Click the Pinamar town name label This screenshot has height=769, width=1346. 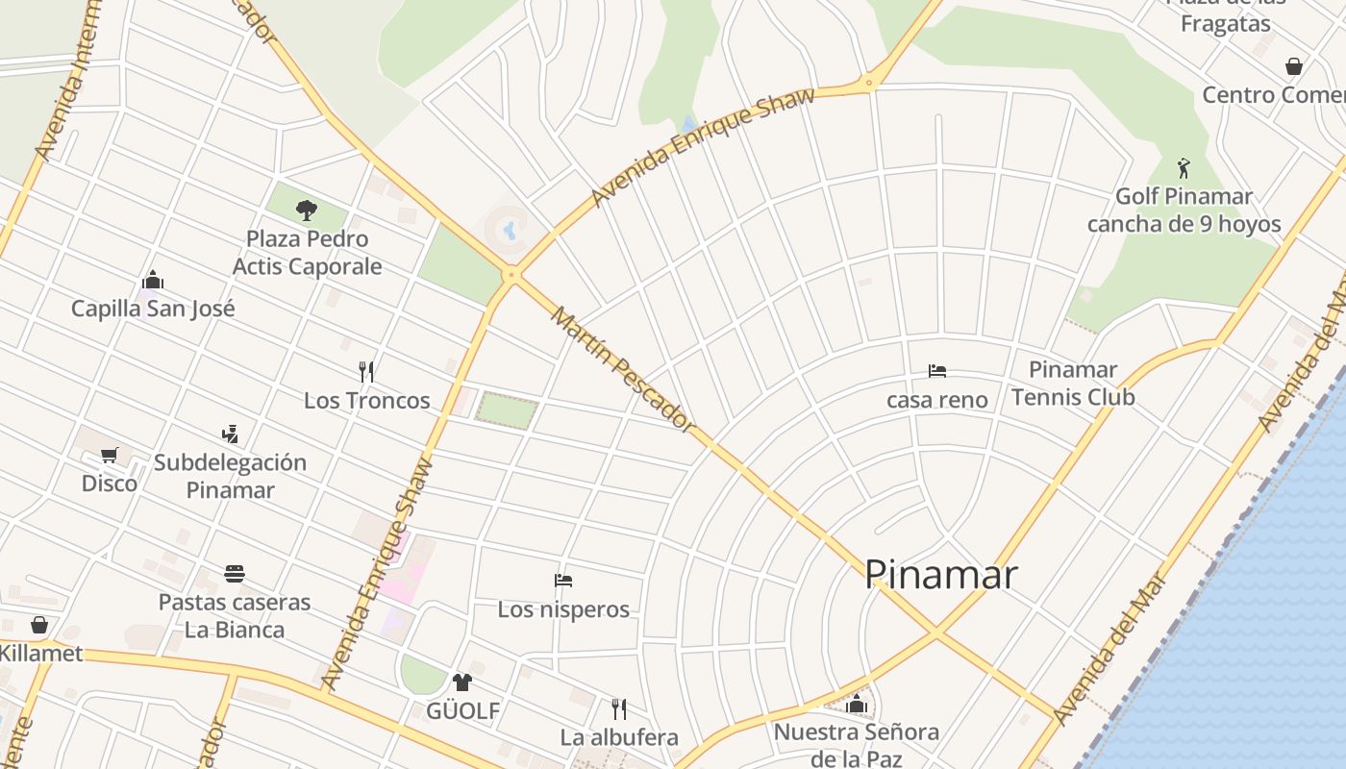[940, 575]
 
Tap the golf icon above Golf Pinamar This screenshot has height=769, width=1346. [1184, 168]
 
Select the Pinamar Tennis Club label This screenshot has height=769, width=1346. [1073, 383]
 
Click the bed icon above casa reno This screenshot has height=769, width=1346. [937, 371]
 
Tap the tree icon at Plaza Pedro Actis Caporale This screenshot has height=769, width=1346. [307, 209]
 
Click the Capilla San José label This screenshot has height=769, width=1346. [153, 309]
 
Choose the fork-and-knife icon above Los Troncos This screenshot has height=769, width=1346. [366, 371]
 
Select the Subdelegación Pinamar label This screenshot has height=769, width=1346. [230, 476]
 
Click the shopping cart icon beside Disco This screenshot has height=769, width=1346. [110, 454]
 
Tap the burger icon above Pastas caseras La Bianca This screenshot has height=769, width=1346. [235, 574]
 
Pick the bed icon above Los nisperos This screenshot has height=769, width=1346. [563, 580]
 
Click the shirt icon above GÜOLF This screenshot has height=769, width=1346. [462, 682]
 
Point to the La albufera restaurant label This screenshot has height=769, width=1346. [619, 737]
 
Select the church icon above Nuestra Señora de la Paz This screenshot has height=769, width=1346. [857, 704]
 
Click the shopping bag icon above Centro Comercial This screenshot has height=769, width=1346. [1294, 66]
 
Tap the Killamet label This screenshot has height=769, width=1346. [40, 654]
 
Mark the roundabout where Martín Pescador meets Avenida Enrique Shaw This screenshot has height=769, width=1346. [511, 275]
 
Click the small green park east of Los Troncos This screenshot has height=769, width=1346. [507, 410]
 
